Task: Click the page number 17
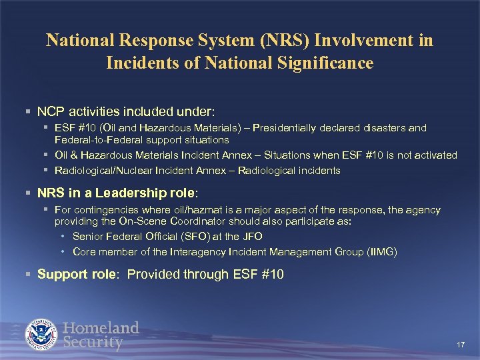click(x=460, y=345)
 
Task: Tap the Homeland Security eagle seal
click(x=43, y=335)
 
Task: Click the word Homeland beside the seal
click(x=101, y=328)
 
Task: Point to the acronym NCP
click(x=50, y=109)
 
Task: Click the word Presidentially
click(x=269, y=127)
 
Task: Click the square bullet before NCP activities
click(x=28, y=109)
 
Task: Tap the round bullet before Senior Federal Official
click(x=62, y=237)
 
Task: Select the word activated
click(x=435, y=155)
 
